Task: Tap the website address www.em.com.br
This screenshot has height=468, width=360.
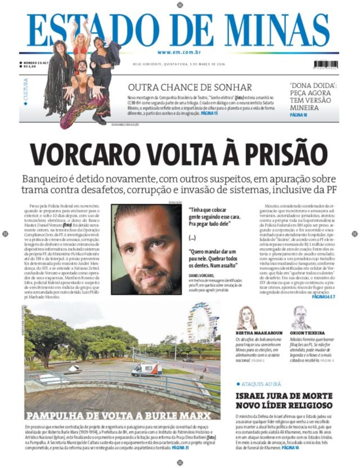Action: pyautogui.click(x=179, y=52)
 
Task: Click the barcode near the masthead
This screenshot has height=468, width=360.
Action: pyautogui.click(x=326, y=64)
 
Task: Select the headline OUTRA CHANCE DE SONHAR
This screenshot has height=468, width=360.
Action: pyautogui.click(x=190, y=87)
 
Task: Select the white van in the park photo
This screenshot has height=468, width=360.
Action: pyautogui.click(x=147, y=369)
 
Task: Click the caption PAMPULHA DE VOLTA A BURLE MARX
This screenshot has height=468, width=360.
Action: pyautogui.click(x=118, y=416)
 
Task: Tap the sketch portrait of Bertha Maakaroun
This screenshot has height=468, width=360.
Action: pyautogui.click(x=247, y=318)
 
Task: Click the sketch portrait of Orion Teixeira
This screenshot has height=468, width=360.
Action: pyautogui.click(x=301, y=318)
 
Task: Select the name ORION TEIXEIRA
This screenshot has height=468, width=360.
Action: pyautogui.click(x=307, y=333)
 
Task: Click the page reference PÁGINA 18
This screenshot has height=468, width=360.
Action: pyautogui.click(x=298, y=115)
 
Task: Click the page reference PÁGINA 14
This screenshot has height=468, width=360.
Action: pyautogui.click(x=290, y=448)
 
